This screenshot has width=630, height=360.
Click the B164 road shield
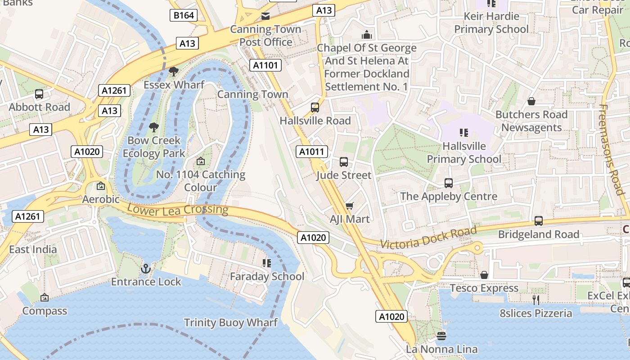184,15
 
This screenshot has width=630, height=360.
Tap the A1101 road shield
265,65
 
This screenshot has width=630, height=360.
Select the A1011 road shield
312,152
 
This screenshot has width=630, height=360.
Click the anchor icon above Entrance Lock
146,269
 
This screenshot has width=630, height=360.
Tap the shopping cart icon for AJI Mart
349,206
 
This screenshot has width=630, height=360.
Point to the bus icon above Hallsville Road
315,108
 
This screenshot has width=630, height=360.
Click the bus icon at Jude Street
344,162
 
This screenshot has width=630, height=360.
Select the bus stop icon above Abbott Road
39,94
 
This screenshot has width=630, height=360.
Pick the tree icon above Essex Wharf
173,72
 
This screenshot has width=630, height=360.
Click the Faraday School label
267,276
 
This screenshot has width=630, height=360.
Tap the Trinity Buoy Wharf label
231,323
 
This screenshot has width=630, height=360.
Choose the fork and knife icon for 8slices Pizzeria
535,300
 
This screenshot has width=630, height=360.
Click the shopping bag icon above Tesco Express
484,275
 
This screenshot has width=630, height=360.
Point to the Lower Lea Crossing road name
178,209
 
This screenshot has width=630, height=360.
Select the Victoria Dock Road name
428,238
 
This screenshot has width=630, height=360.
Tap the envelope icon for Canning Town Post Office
265,17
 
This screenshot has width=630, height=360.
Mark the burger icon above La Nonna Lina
441,336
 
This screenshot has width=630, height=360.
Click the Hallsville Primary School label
464,153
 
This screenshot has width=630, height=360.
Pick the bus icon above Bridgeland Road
539,221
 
